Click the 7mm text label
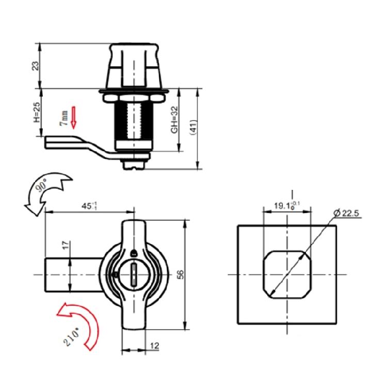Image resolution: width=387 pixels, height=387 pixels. (63, 118)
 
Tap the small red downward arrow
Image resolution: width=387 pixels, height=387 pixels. (73, 117)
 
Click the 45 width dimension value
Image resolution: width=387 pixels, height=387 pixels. (88, 206)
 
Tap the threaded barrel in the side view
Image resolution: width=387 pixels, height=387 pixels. (134, 121)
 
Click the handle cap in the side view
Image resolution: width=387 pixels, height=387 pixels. (134, 67)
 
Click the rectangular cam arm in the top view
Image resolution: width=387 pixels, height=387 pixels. (72, 275)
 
